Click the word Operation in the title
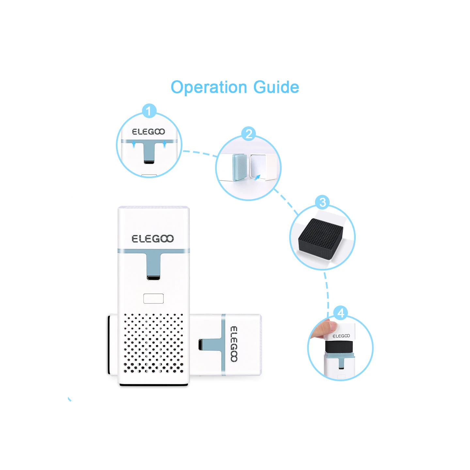click(209, 87)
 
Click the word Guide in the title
click(276, 87)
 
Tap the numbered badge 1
click(149, 111)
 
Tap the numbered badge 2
click(248, 134)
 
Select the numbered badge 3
click(322, 202)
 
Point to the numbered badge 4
click(341, 313)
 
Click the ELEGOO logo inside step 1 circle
click(149, 132)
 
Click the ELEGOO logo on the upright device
click(153, 239)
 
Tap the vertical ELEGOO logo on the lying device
click(234, 344)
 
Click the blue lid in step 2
click(239, 167)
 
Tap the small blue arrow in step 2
click(257, 177)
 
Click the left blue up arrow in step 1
click(134, 144)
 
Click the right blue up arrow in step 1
click(164, 144)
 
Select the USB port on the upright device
click(153, 278)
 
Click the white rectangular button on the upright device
click(153, 299)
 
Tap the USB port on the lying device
click(200, 345)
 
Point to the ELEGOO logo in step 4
click(341, 336)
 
